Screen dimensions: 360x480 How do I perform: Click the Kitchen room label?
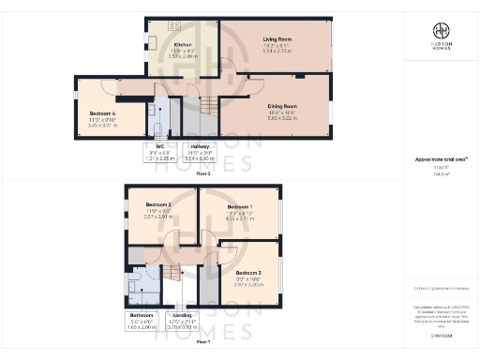tap(184, 44)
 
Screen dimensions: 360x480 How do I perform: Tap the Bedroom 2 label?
tap(157, 204)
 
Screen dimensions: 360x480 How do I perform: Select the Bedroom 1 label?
tap(239, 206)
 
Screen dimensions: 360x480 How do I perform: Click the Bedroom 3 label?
tap(240, 272)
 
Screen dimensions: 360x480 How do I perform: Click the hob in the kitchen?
tap(174, 24)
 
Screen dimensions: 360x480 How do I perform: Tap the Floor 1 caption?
tap(203, 341)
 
